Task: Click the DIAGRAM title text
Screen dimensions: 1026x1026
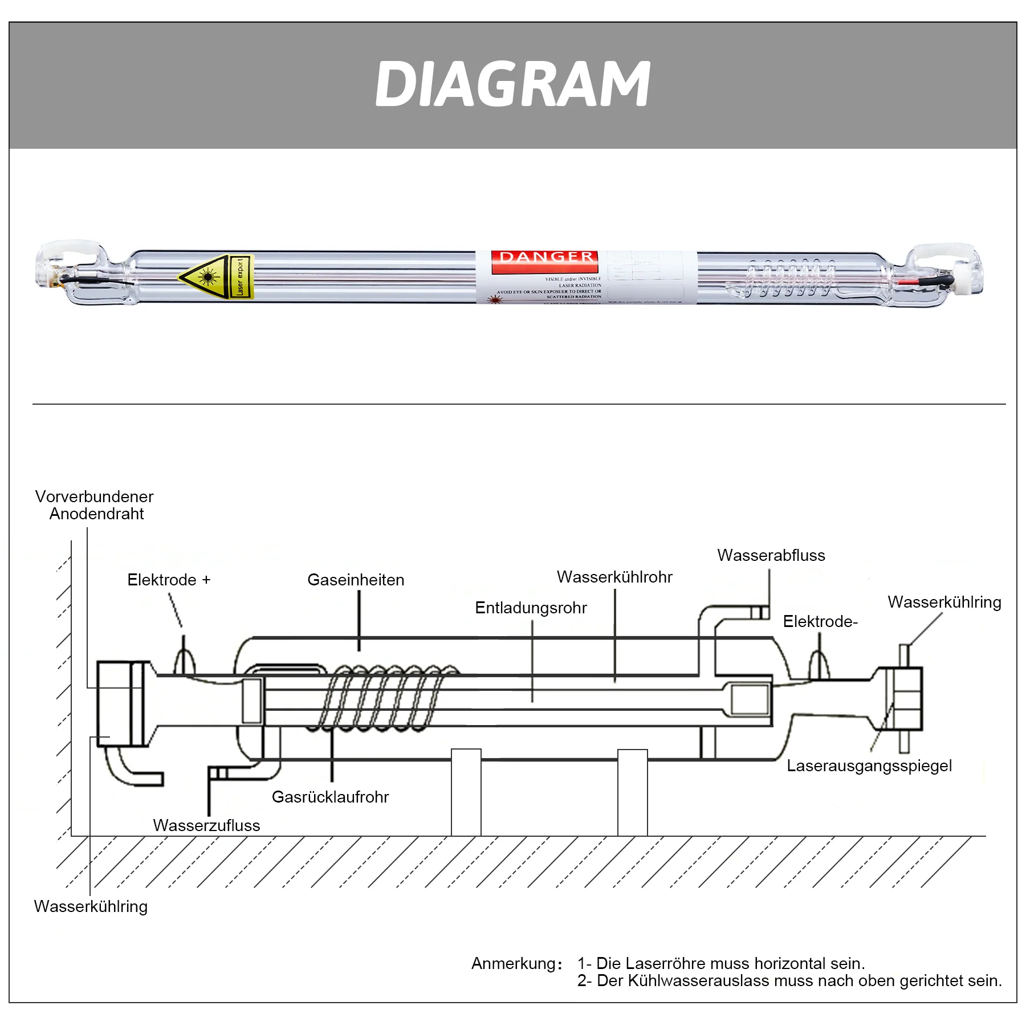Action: (x=512, y=84)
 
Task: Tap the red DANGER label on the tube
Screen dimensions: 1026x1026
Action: (x=545, y=258)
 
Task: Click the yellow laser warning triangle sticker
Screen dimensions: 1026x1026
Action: (x=204, y=276)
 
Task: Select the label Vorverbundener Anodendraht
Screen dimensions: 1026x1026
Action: (x=95, y=505)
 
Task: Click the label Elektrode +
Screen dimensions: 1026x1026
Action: (x=169, y=580)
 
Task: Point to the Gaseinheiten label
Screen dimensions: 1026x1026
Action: (x=356, y=580)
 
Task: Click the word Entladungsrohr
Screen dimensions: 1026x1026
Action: (x=531, y=608)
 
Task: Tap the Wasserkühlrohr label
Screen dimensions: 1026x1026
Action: (x=614, y=577)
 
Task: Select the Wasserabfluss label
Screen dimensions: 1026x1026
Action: (x=771, y=555)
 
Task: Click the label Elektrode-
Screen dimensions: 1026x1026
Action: (x=820, y=621)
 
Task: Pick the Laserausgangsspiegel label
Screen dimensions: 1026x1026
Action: (x=869, y=766)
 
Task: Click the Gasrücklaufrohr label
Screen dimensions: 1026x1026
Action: (x=330, y=797)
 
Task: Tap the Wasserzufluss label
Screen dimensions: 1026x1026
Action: (x=206, y=825)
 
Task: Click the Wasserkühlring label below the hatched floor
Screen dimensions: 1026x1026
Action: (x=91, y=906)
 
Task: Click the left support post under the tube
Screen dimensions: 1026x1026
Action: (x=466, y=792)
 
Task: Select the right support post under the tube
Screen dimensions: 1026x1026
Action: (x=632, y=792)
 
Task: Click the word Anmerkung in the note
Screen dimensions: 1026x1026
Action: (x=514, y=963)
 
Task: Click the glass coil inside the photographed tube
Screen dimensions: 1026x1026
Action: (x=789, y=278)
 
